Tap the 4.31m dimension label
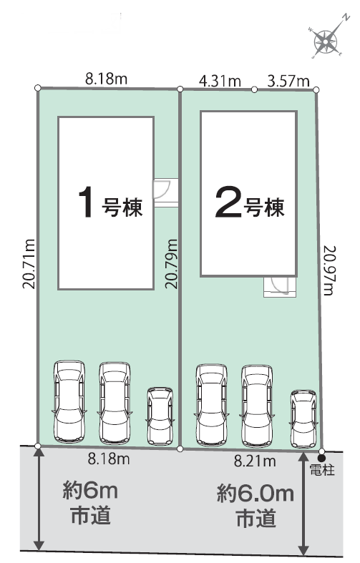pyautogui.click(x=220, y=81)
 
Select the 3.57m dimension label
pyautogui.click(x=288, y=81)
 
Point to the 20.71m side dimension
pyautogui.click(x=29, y=264)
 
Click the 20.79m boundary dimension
pyautogui.click(x=171, y=264)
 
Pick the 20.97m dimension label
pyautogui.click(x=329, y=270)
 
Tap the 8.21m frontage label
pyautogui.click(x=255, y=461)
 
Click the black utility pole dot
pyautogui.click(x=321, y=459)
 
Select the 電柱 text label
pyautogui.click(x=322, y=471)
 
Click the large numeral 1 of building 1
pyautogui.click(x=86, y=202)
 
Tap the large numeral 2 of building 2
pyautogui.click(x=228, y=203)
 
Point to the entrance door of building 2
pyautogui.click(x=280, y=286)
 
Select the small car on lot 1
pyautogui.click(x=160, y=416)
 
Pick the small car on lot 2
pyautogui.click(x=303, y=419)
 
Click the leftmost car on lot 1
pyautogui.click(x=69, y=401)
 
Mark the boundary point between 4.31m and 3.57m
pyautogui.click(x=254, y=89)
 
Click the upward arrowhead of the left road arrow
pyautogui.click(x=39, y=451)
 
